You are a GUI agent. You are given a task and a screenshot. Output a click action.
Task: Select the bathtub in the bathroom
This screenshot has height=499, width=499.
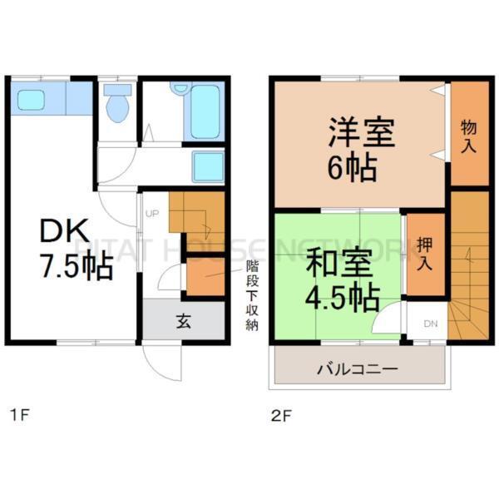(205, 111)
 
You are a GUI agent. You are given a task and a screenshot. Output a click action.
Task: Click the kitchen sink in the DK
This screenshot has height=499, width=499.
(34, 101)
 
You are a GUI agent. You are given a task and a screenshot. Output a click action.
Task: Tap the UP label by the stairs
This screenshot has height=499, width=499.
(151, 215)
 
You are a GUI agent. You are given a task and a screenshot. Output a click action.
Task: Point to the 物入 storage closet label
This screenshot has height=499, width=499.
(469, 136)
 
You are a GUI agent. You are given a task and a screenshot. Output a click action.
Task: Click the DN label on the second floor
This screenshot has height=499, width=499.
(430, 323)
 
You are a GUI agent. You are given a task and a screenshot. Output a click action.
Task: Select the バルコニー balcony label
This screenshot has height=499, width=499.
(358, 368)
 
